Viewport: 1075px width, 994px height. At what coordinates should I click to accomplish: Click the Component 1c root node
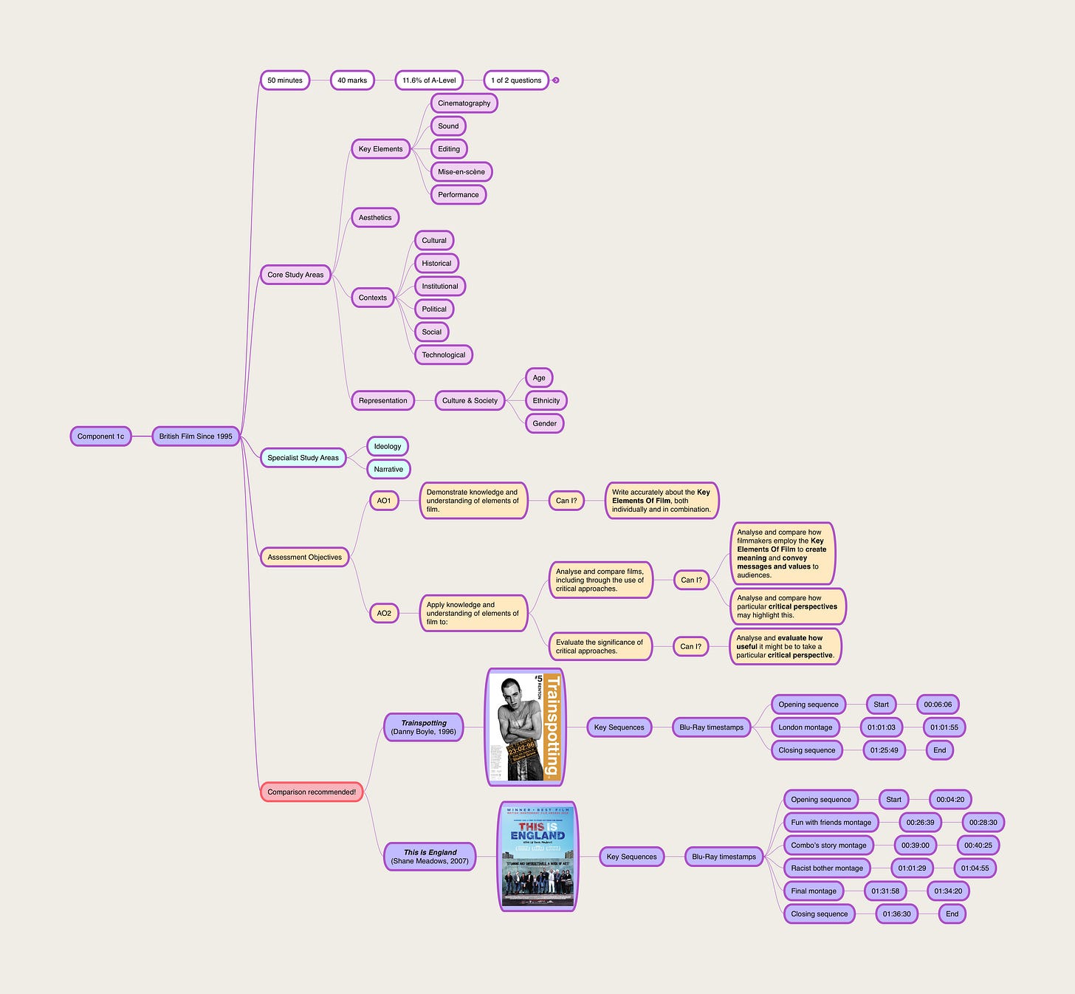click(100, 436)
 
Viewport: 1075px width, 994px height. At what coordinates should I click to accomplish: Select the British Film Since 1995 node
click(196, 436)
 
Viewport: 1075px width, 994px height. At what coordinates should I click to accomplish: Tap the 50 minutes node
click(285, 80)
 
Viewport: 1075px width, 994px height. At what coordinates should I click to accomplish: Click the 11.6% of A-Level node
click(429, 80)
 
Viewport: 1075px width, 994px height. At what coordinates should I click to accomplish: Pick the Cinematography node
click(464, 103)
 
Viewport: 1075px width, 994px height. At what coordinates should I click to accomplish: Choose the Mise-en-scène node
click(461, 172)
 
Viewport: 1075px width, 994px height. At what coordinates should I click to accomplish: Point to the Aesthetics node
click(375, 218)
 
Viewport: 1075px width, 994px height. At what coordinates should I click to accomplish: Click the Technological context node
click(443, 355)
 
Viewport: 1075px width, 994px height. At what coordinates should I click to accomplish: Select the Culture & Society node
click(470, 401)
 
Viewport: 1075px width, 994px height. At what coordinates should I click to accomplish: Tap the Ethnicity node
click(546, 401)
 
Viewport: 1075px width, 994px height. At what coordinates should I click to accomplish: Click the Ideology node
click(388, 447)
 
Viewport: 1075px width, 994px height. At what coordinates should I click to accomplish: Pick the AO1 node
click(384, 501)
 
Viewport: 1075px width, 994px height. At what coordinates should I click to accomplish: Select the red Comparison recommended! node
click(312, 792)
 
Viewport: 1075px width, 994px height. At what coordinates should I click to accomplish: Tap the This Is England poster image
click(537, 857)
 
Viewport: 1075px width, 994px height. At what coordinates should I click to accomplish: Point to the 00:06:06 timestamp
click(938, 705)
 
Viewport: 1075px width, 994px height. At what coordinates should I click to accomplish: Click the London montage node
click(805, 727)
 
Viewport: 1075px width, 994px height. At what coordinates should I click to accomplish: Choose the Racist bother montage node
click(827, 868)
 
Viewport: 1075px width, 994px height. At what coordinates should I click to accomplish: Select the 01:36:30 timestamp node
click(897, 914)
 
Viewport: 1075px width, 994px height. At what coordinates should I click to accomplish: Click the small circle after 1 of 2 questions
click(556, 80)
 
